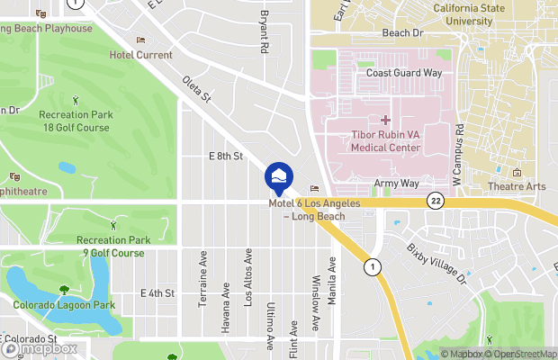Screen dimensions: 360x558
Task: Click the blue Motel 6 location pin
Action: (279, 175)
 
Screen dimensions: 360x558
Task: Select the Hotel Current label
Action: (140, 55)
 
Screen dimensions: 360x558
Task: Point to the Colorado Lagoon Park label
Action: (64, 305)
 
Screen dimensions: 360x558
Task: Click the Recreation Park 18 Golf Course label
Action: (74, 121)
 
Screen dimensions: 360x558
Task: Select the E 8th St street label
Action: (226, 156)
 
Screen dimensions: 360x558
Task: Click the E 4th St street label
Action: (157, 293)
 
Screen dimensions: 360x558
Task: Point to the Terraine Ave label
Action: (202, 279)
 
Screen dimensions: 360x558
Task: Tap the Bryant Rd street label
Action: (265, 31)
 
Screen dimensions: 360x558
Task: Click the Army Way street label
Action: (396, 184)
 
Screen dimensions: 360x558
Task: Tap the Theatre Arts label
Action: (517, 186)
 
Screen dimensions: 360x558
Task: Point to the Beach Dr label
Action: (402, 32)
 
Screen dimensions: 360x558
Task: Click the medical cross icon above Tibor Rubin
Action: (385, 120)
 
